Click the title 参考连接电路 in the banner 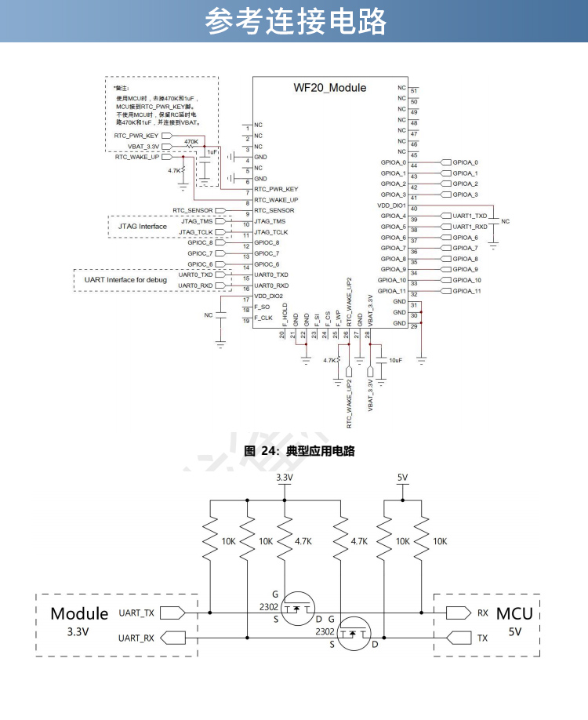coord(295,21)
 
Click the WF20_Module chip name coord(329,88)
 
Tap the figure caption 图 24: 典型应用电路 coord(299,452)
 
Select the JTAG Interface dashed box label coord(142,227)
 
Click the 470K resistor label coord(191,142)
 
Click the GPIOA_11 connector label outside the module coord(466,291)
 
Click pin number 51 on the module coord(414,92)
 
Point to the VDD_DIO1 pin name coord(391,205)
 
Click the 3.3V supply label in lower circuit coord(285,478)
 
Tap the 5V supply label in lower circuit coord(403,478)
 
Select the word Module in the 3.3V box coord(79,613)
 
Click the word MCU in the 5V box coord(514,613)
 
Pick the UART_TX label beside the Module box coord(136,612)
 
